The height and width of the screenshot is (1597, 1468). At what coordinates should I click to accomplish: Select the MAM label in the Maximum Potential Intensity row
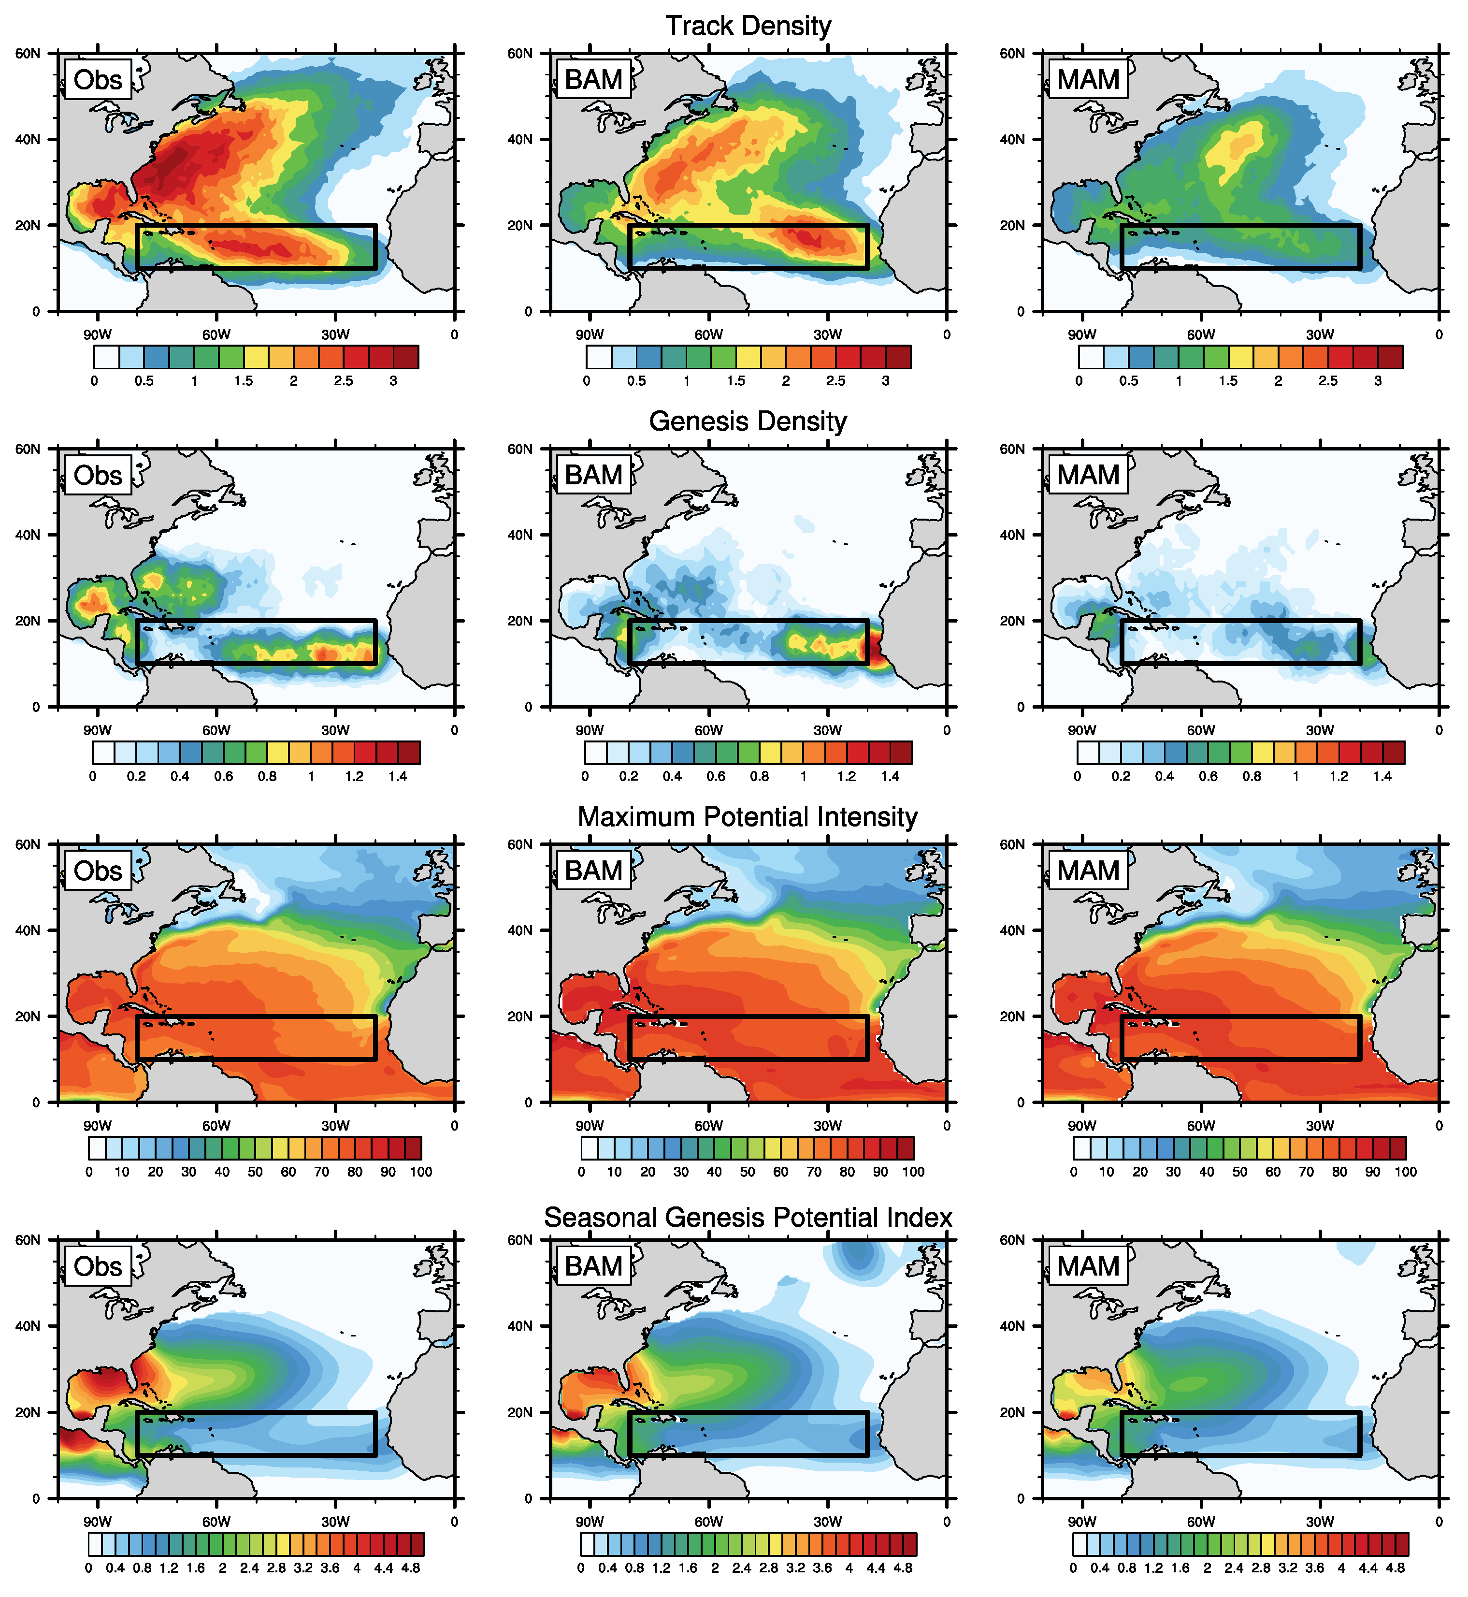(1088, 871)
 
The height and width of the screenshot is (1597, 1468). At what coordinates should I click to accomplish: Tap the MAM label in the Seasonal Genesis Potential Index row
(1088, 1266)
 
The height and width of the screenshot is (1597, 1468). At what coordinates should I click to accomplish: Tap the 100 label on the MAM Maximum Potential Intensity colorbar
(1405, 1172)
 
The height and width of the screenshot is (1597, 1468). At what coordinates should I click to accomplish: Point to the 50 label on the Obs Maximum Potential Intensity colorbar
(255, 1172)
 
